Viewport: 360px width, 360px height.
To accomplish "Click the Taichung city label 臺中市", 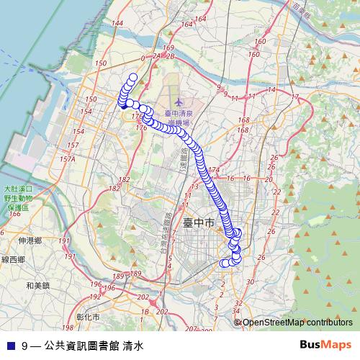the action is [198, 224].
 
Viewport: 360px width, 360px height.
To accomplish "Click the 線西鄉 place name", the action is [13, 259].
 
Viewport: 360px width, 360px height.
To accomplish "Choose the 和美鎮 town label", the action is [37, 285].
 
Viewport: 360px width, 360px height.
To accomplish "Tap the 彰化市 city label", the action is [88, 316].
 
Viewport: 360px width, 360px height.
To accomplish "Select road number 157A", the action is [68, 159].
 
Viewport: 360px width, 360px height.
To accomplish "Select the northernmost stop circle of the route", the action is [132, 78].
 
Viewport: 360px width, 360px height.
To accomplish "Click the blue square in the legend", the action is [10, 346].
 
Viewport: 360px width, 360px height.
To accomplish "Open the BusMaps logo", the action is [325, 345].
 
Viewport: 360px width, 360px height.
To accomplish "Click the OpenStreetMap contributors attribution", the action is [297, 323].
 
